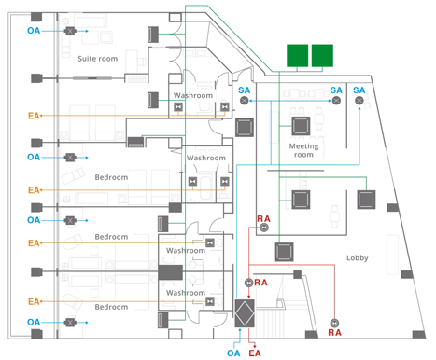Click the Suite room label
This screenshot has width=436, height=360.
[98, 59]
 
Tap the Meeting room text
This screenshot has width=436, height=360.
[303, 150]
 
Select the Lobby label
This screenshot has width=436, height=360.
[358, 257]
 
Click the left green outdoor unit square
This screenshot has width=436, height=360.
[297, 55]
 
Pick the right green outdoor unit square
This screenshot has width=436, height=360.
[322, 55]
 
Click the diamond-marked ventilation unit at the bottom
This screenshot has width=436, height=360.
[245, 313]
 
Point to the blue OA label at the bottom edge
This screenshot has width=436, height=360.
[233, 353]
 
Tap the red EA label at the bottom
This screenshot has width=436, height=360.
[255, 353]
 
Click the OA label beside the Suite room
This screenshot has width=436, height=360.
[34, 31]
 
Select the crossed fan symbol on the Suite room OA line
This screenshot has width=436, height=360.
[70, 31]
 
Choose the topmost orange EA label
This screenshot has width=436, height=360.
[34, 116]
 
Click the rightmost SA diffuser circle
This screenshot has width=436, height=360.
[359, 101]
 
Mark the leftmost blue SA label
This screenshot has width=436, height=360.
[245, 90]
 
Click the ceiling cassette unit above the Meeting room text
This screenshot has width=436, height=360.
[301, 126]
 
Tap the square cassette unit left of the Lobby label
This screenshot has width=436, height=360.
[284, 252]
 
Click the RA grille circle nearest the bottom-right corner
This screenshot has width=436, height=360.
[334, 323]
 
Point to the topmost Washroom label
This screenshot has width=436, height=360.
[193, 95]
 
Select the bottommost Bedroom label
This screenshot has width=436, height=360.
[111, 307]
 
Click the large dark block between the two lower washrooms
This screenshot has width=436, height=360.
[170, 272]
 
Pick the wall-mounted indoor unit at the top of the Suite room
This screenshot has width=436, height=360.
[153, 35]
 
